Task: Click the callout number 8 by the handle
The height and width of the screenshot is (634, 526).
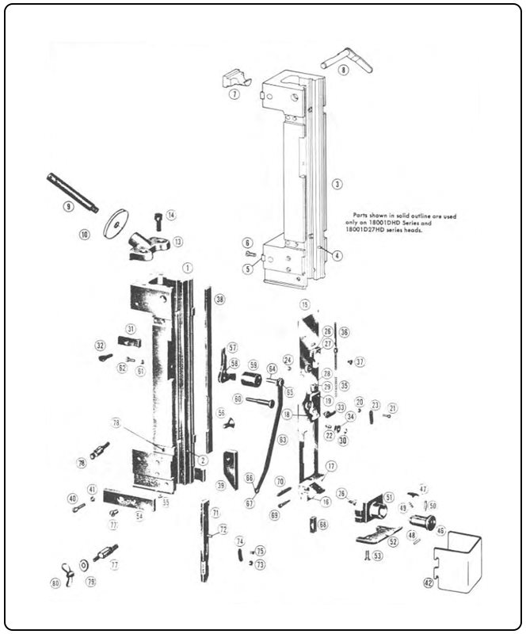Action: pos(343,71)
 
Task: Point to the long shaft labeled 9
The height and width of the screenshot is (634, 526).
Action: pos(73,193)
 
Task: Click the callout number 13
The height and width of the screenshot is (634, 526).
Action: pos(178,242)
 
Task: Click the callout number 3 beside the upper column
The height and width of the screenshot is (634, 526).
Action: pos(337,184)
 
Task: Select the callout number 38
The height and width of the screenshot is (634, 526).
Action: pos(219,300)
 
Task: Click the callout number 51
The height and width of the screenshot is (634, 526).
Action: pos(388,497)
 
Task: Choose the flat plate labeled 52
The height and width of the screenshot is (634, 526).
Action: pos(377,538)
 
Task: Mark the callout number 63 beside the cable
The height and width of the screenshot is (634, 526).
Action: pos(283,440)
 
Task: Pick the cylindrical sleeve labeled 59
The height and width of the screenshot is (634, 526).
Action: pos(252,379)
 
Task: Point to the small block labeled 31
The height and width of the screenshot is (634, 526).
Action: pos(129,342)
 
